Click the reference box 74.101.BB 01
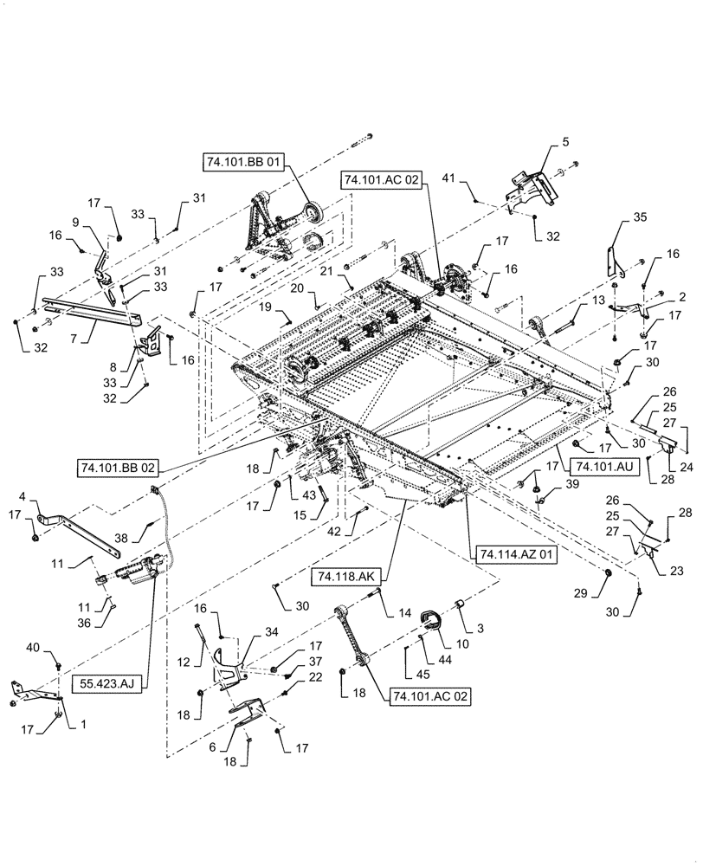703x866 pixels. coord(245,162)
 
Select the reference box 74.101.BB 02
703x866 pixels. coord(117,468)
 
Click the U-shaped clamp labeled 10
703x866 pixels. coord(430,620)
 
